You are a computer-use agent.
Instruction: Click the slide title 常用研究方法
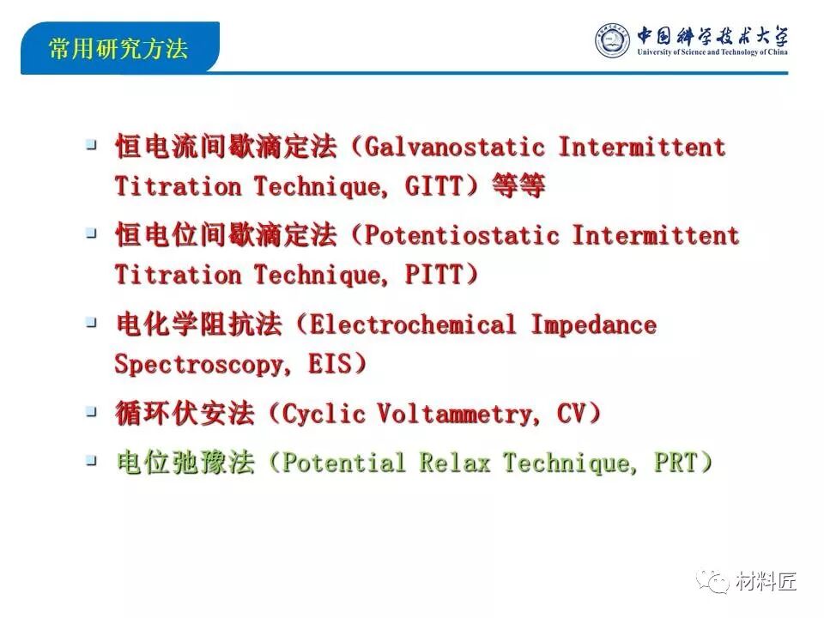(x=118, y=48)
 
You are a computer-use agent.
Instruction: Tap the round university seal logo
(x=612, y=40)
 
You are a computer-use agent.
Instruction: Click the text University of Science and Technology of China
(x=712, y=52)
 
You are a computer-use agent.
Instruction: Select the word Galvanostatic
(x=454, y=147)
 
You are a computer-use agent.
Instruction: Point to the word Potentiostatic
(x=462, y=235)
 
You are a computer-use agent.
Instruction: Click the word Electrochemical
(x=413, y=324)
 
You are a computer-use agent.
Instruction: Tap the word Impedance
(x=594, y=325)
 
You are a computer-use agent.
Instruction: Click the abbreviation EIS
(x=329, y=364)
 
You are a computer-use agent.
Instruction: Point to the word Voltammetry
(x=455, y=414)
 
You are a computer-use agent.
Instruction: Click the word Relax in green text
(x=455, y=463)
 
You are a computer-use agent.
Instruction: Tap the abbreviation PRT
(x=676, y=463)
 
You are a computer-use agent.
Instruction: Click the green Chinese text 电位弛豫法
(x=185, y=463)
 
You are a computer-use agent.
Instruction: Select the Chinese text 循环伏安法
(x=185, y=413)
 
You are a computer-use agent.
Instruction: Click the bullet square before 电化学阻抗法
(x=92, y=322)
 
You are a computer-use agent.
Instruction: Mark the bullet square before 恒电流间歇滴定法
(x=92, y=144)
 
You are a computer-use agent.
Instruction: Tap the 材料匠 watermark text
(x=766, y=581)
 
